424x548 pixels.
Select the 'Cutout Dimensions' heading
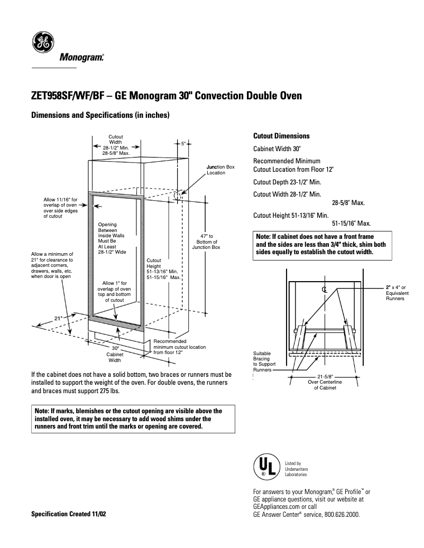click(x=281, y=136)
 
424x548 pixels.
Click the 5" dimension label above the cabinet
click(x=183, y=143)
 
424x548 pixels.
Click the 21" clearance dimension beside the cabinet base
click(x=58, y=318)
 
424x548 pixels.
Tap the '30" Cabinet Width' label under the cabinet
click(x=115, y=354)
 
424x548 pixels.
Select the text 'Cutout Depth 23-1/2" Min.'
click(x=287, y=182)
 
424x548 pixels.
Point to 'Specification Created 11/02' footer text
click(x=69, y=514)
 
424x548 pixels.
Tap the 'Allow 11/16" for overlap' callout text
click(x=60, y=208)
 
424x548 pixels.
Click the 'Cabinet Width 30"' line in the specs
click(x=277, y=149)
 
